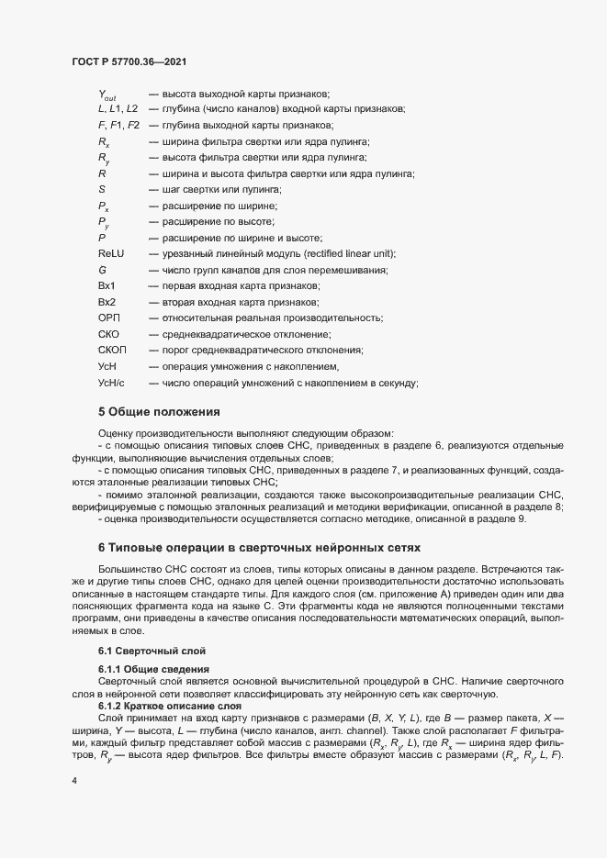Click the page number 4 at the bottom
pyautogui.click(x=75, y=781)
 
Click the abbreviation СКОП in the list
pyautogui.click(x=110, y=351)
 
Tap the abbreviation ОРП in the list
pyautogui.click(x=107, y=318)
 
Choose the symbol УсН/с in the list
pyautogui.click(x=110, y=383)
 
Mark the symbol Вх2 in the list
pyautogui.click(x=107, y=302)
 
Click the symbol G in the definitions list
pyautogui.click(x=102, y=270)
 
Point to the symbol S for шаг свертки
pyautogui.click(x=101, y=189)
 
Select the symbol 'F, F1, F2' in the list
pyautogui.click(x=118, y=125)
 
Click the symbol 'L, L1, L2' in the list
pyautogui.click(x=118, y=109)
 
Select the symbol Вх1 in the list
pyautogui.click(x=107, y=285)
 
